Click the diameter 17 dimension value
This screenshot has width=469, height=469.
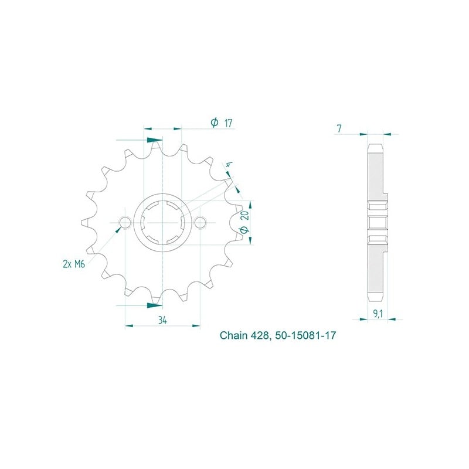[x=223, y=123]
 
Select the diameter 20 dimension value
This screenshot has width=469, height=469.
[x=244, y=222]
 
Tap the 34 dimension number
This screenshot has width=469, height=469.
[x=162, y=320]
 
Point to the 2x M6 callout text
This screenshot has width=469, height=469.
[x=74, y=264]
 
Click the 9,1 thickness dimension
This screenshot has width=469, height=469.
[x=378, y=314]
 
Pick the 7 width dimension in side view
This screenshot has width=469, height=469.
[x=339, y=128]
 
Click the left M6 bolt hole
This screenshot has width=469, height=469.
[x=125, y=223]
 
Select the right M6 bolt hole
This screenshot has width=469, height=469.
[x=200, y=223]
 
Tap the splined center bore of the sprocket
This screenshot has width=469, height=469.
[x=162, y=223]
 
